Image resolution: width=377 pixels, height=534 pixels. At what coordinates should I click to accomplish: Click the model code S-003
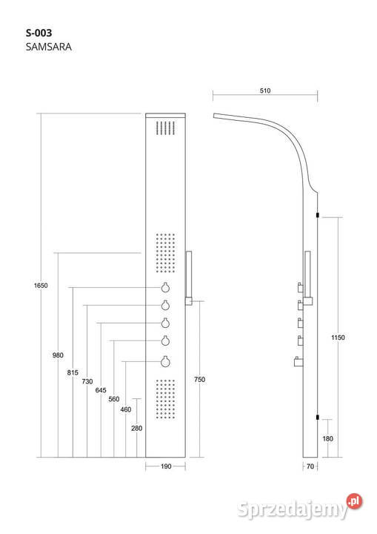point(39,33)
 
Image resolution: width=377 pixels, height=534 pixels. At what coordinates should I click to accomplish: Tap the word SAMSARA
point(49,47)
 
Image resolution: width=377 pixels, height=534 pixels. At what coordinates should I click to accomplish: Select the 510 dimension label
point(265,90)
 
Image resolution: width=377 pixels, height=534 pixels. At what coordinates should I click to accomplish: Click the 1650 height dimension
point(41,286)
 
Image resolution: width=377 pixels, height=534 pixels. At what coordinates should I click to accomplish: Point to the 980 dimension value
point(58,355)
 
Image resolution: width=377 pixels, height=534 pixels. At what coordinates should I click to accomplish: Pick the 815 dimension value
point(73,372)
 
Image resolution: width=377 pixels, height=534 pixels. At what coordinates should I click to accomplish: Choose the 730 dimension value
point(87,381)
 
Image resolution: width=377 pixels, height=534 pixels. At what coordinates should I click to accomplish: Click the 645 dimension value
point(101,390)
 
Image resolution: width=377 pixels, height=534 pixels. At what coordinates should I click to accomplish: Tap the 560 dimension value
point(114,399)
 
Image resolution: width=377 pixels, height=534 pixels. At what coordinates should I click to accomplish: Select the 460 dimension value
point(126,409)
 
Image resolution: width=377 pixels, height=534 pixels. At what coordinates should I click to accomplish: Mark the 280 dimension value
point(137,429)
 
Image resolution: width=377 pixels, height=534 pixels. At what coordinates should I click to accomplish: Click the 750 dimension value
point(200,380)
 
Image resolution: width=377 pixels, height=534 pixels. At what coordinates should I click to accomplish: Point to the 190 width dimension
point(166,467)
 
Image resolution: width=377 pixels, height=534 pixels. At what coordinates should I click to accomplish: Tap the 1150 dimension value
point(338,337)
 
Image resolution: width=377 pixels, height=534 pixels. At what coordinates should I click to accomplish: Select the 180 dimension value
point(327,438)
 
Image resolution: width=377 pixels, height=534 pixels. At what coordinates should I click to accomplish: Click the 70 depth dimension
point(310,467)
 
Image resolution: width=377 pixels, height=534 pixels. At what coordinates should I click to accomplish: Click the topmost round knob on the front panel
point(165,288)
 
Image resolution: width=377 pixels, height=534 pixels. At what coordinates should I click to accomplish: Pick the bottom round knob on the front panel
point(165,362)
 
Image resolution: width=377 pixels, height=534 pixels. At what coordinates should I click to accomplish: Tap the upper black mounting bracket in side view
point(318,215)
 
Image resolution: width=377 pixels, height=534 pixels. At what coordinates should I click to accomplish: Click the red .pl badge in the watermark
point(354,501)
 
